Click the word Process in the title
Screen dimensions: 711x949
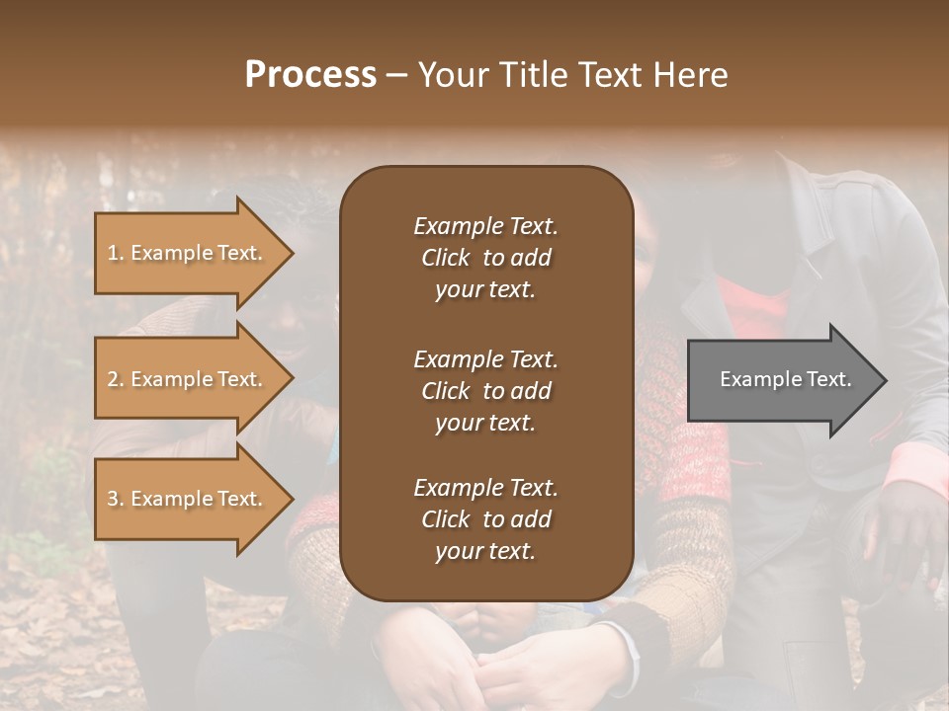(310, 75)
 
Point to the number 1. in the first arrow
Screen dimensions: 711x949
(116, 253)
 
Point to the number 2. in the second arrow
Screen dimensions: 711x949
(116, 379)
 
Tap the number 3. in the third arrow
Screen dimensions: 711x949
(116, 499)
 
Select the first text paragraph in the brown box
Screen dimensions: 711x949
(485, 258)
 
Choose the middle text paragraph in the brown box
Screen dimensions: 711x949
(485, 390)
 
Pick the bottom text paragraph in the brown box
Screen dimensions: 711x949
(485, 519)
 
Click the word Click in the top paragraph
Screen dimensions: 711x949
(445, 258)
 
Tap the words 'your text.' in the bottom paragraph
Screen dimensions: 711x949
(485, 552)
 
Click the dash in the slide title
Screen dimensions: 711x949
(396, 75)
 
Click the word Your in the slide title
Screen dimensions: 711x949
(449, 75)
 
